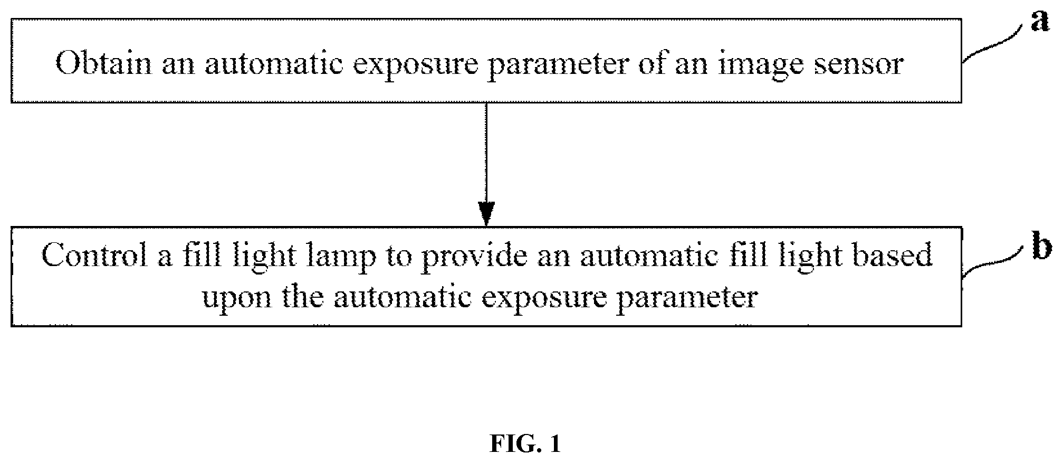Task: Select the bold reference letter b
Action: [1042, 247]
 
